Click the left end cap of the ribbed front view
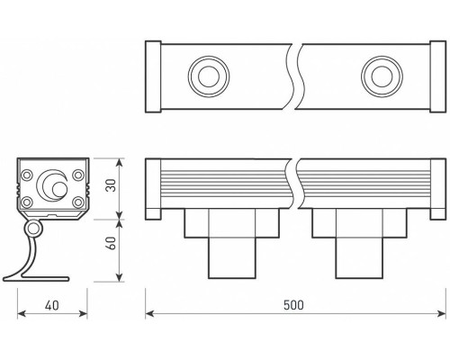click(152, 187)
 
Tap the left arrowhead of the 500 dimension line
click(150, 314)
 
